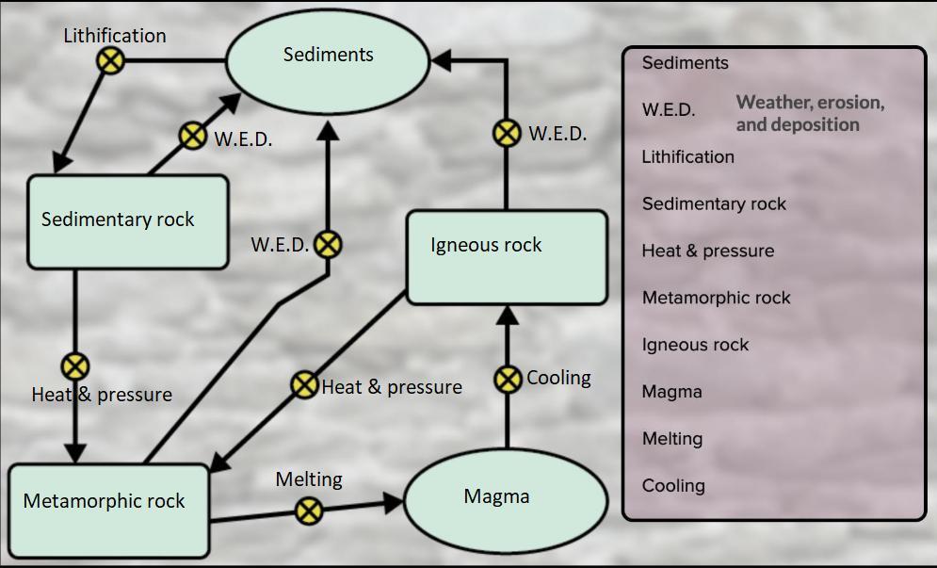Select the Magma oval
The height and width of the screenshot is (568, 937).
[496, 497]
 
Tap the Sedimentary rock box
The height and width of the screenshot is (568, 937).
[127, 220]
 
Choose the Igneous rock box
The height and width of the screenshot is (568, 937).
[507, 257]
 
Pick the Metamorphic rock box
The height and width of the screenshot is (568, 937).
[109, 508]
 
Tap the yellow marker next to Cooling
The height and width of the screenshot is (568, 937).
[508, 379]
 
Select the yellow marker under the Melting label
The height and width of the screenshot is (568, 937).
[309, 511]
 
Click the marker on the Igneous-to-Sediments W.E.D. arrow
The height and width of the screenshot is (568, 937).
[508, 133]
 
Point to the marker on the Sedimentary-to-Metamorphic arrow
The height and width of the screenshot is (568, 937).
[74, 365]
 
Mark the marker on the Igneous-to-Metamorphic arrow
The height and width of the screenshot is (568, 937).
[304, 384]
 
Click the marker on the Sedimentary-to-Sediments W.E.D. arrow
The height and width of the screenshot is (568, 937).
[192, 136]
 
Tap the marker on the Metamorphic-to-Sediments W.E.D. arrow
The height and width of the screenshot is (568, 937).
[327, 245]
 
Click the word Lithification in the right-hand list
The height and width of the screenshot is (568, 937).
[687, 157]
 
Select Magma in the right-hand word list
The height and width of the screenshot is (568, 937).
[671, 392]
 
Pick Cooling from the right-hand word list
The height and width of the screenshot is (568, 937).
[673, 486]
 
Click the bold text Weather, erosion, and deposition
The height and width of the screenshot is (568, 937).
[809, 113]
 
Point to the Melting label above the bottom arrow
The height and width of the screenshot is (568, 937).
[309, 479]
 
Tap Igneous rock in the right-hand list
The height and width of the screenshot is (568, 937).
[695, 345]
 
